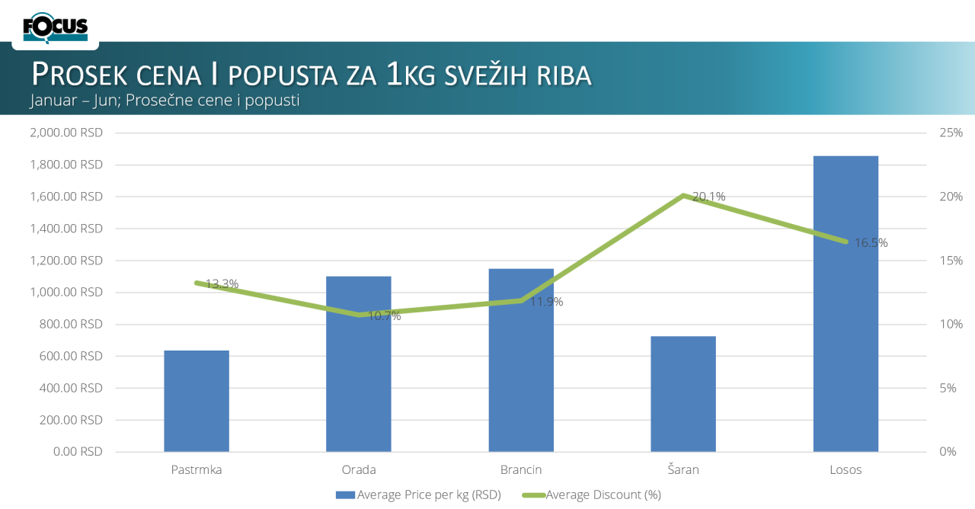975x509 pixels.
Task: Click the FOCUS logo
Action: (x=56, y=27)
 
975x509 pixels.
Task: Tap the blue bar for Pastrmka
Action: (x=197, y=401)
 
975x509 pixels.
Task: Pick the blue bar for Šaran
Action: (x=683, y=393)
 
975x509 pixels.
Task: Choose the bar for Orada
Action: (x=359, y=363)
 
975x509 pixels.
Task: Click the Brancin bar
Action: (x=521, y=360)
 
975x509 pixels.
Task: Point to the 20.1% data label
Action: (x=708, y=197)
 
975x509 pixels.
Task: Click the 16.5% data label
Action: (x=871, y=243)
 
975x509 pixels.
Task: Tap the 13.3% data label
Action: (x=222, y=284)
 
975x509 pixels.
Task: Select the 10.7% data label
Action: (x=384, y=315)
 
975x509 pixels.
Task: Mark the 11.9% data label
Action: (x=546, y=302)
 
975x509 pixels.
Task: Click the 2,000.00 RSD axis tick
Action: (x=66, y=133)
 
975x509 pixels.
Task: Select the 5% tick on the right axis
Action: (x=948, y=388)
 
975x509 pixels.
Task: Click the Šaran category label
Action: (x=683, y=469)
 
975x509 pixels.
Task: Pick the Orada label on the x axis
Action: (x=359, y=469)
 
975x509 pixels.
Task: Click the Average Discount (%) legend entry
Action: (x=591, y=495)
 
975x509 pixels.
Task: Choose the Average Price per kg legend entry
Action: (x=418, y=495)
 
